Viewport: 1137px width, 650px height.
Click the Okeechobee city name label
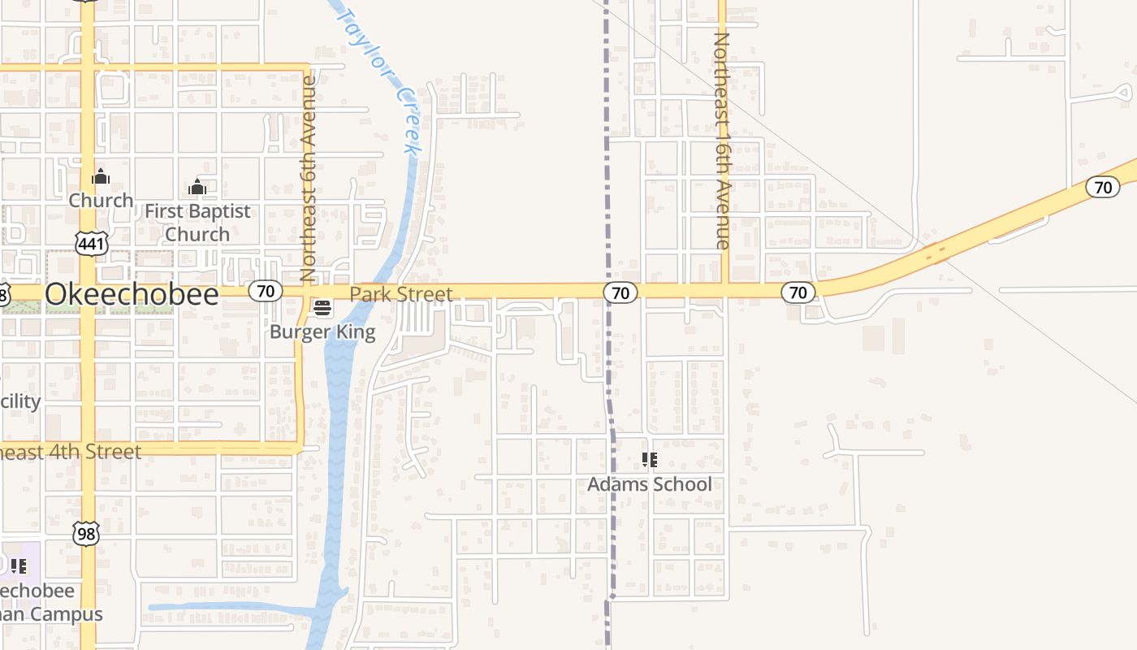coord(132,294)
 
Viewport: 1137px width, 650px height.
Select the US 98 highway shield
coord(85,533)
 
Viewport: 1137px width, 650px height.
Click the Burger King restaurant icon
coord(322,309)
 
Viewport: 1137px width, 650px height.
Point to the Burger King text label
coord(322,331)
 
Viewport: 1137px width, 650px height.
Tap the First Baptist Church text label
coord(197,223)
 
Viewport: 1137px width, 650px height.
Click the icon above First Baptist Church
coord(197,188)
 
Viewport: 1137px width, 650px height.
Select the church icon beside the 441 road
coord(101,176)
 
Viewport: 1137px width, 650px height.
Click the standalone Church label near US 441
coord(101,200)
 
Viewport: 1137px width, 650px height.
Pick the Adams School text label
coord(649,484)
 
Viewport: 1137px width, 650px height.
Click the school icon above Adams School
coord(649,461)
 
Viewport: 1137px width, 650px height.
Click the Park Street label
coord(400,294)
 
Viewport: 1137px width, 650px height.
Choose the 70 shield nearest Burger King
coord(266,290)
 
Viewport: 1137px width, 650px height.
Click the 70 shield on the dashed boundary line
coord(620,292)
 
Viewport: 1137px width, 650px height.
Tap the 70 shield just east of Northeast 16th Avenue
coord(798,292)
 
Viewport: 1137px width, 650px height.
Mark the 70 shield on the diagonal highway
coord(1103,188)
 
